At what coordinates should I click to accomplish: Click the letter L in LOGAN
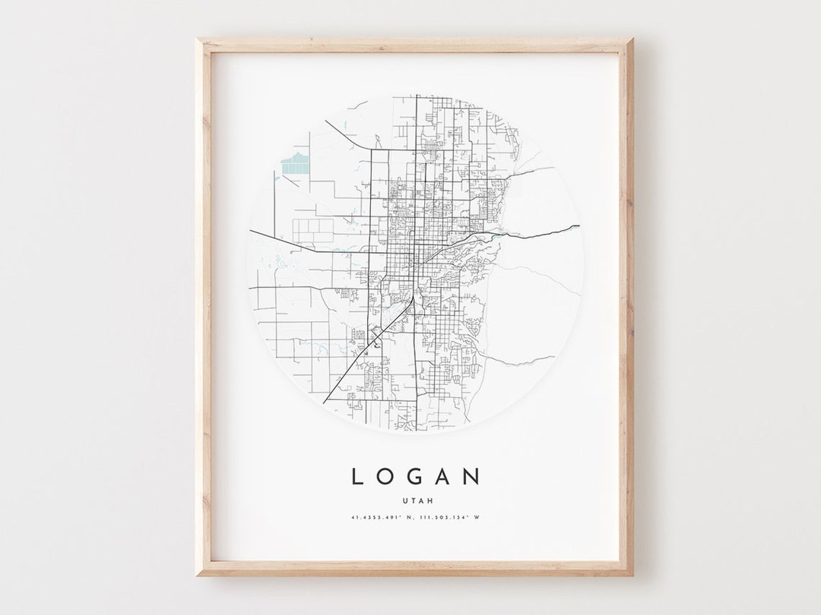(x=357, y=477)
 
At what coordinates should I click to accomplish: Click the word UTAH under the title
(x=415, y=500)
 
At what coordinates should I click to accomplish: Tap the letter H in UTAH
(x=425, y=500)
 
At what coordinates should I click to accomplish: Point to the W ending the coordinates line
(x=477, y=518)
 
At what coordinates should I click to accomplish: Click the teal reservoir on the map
(x=294, y=163)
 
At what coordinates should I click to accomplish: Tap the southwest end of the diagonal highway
(x=325, y=402)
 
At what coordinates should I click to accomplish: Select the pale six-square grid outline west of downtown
(x=313, y=231)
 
